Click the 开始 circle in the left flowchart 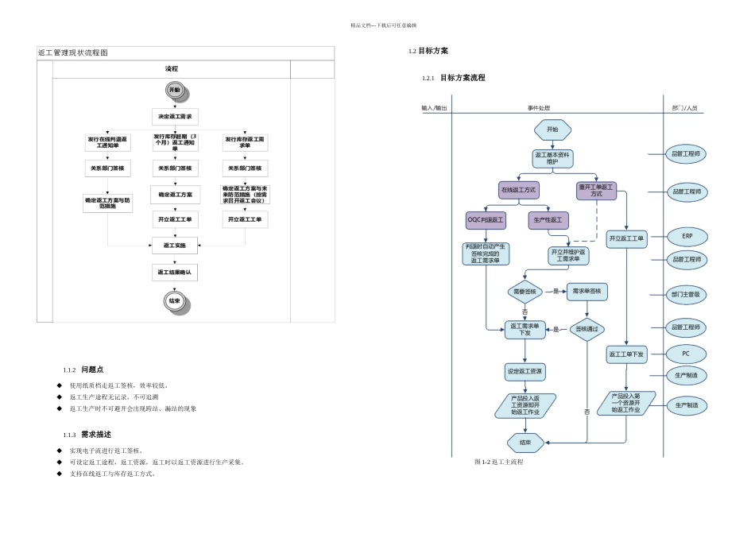[175, 91]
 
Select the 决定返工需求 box [175, 117]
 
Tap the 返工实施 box [175, 246]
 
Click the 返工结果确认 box [175, 273]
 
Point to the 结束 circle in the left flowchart [175, 301]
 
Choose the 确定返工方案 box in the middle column [175, 195]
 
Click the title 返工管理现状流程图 [73, 52]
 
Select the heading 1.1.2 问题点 [83, 370]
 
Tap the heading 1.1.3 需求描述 [87, 435]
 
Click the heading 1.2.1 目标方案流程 [454, 78]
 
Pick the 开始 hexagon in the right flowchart [552, 129]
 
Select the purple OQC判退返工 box [486, 219]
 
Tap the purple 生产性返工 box [548, 219]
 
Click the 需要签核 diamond [525, 292]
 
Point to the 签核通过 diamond [587, 329]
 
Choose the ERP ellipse [686, 237]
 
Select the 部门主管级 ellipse [686, 294]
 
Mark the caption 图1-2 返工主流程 [498, 462]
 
